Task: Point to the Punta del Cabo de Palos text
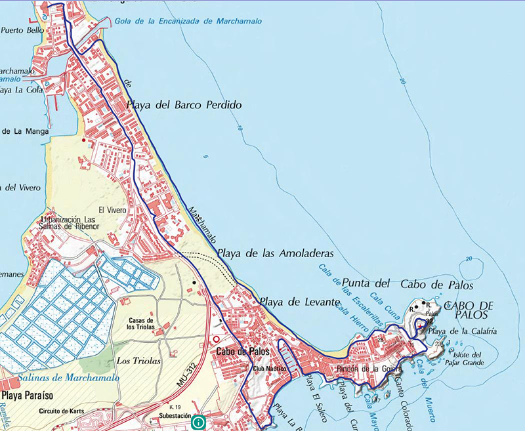pyautogui.click(x=408, y=284)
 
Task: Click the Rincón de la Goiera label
pyautogui.click(x=359, y=369)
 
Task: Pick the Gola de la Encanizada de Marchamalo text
pyautogui.click(x=188, y=21)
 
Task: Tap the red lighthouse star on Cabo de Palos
pyautogui.click(x=419, y=324)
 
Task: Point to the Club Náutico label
pyautogui.click(x=267, y=369)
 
